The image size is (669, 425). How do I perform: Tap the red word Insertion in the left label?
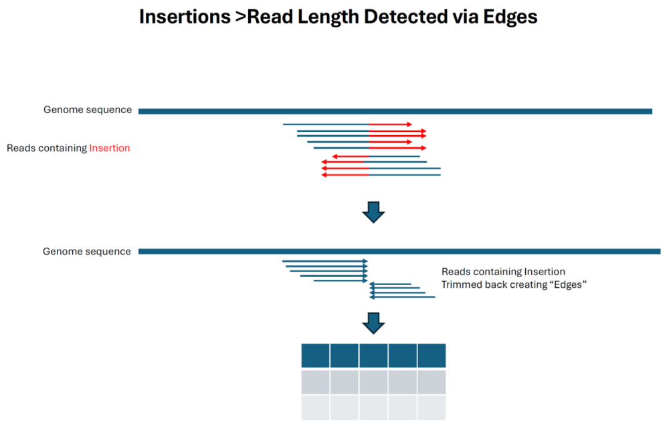[x=110, y=148]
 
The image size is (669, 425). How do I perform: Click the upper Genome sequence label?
[x=88, y=110]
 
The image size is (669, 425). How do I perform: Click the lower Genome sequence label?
[x=87, y=252]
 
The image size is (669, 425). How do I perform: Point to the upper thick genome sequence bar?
[x=395, y=111]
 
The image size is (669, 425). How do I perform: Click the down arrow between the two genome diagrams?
[x=373, y=211]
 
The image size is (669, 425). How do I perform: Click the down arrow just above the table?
[x=373, y=323]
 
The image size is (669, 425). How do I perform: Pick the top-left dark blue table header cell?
[x=315, y=355]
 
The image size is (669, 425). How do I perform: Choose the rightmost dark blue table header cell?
[x=432, y=355]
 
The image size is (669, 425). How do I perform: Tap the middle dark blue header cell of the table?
[x=373, y=355]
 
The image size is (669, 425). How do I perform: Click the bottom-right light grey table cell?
[x=432, y=407]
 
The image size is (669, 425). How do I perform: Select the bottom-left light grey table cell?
[x=315, y=407]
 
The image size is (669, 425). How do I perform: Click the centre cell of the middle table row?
[x=373, y=381]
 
